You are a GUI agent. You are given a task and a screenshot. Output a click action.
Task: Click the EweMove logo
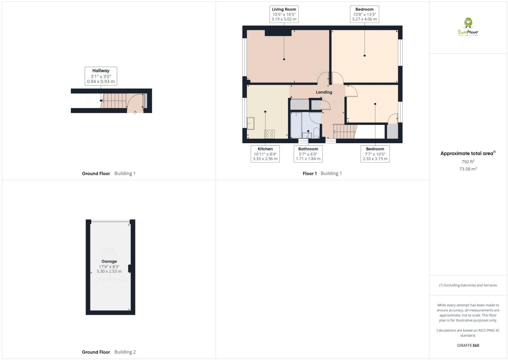click(x=468, y=27)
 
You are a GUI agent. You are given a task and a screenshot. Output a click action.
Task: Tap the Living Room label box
click(x=284, y=14)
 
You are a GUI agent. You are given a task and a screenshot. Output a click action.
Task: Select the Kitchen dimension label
click(x=265, y=154)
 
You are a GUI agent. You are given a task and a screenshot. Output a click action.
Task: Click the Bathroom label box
click(x=308, y=154)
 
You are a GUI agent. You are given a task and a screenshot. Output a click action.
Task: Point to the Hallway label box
click(x=101, y=76)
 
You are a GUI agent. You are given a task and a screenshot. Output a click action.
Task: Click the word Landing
click(x=324, y=92)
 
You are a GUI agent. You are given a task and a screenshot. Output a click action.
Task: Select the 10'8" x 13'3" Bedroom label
click(x=364, y=14)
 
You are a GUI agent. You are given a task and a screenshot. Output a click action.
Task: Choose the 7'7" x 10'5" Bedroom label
click(x=375, y=154)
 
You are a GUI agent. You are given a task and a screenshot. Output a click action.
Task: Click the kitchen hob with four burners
click(x=270, y=134)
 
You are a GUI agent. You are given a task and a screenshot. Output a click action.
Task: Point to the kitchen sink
click(x=251, y=124)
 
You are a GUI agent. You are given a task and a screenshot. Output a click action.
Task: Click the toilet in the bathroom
click(x=316, y=133)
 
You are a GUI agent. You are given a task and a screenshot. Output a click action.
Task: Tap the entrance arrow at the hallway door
click(x=135, y=112)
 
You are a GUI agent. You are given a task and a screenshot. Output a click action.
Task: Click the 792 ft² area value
click(x=468, y=162)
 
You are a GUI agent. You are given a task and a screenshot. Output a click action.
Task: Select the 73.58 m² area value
click(x=468, y=169)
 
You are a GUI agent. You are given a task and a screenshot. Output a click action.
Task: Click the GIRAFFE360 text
click(x=468, y=345)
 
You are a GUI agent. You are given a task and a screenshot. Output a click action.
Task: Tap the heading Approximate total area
click(x=468, y=153)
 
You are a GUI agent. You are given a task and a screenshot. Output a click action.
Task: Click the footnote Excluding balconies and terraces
click(x=468, y=285)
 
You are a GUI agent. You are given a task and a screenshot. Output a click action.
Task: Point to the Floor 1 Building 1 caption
click(x=322, y=173)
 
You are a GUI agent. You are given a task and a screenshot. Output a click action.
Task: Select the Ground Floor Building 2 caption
click(x=109, y=352)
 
